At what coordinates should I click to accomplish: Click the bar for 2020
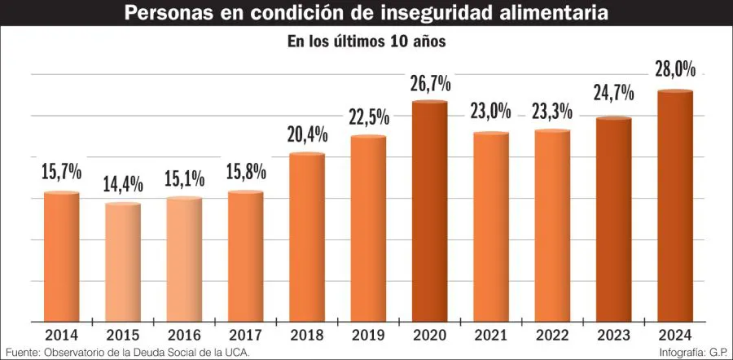click(430, 212)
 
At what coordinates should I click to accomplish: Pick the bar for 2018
click(307, 237)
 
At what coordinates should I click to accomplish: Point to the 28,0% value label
click(674, 71)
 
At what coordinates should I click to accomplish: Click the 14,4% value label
click(124, 184)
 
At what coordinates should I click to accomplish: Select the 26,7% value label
click(430, 82)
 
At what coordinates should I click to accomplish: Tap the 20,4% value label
click(307, 134)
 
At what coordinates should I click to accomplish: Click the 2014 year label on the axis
click(62, 334)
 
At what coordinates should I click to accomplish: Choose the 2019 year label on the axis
click(368, 334)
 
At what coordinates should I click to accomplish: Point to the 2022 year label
click(552, 334)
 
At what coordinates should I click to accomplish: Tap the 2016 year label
click(184, 334)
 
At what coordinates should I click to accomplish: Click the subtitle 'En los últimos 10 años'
click(366, 41)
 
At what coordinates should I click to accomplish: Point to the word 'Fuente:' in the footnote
click(23, 352)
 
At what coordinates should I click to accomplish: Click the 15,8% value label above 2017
click(246, 173)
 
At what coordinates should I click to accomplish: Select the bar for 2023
click(613, 220)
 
